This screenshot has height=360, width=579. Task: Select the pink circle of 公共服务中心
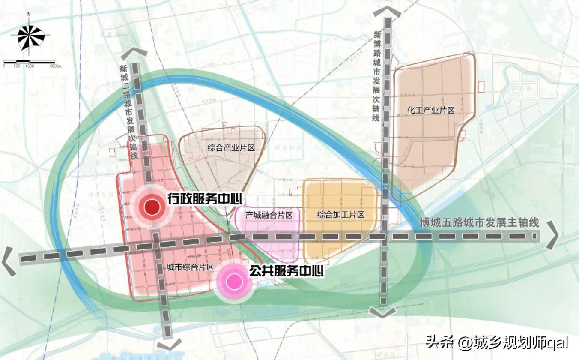click(x=234, y=282)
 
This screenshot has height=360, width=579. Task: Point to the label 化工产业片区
click(x=430, y=111)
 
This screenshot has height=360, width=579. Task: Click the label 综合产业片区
click(x=231, y=148)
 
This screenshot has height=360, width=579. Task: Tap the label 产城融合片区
click(x=269, y=215)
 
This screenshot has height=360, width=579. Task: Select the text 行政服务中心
click(x=205, y=199)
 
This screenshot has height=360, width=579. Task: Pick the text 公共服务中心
click(x=287, y=271)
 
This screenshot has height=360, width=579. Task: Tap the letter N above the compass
click(x=29, y=14)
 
